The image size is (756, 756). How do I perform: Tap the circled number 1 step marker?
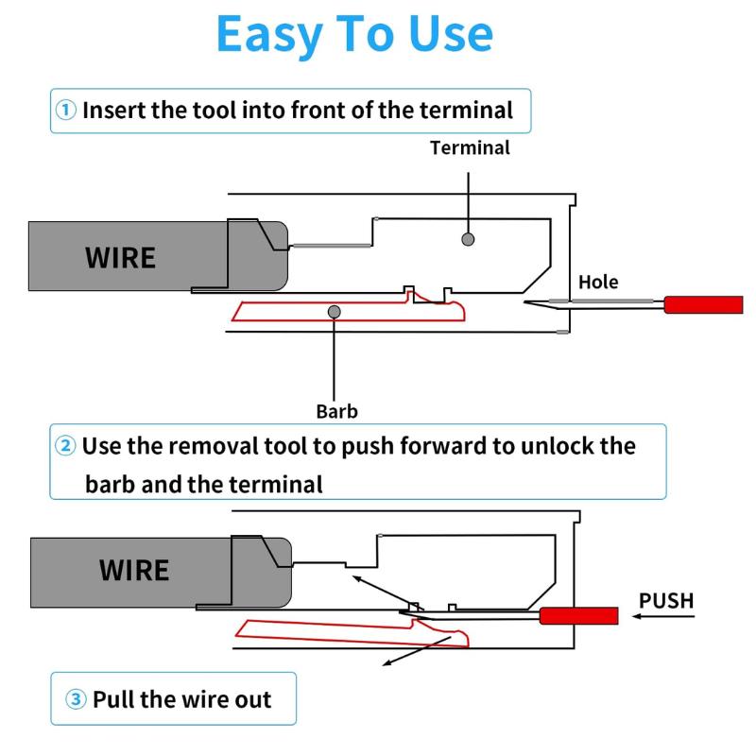[65, 110]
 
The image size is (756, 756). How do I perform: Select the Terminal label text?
[470, 147]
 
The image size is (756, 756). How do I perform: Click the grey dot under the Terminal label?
[468, 240]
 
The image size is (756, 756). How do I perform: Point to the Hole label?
[598, 282]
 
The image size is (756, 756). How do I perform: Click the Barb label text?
[336, 411]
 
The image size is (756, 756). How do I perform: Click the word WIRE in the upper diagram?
[120, 257]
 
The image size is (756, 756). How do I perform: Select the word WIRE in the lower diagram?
[134, 571]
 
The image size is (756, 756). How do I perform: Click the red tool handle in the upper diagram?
[703, 304]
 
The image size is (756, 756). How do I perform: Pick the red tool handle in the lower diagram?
[578, 616]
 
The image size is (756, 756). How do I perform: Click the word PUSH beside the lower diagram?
[666, 600]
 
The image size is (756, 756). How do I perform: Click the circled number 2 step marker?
[65, 446]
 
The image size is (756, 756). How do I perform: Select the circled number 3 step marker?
[76, 700]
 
